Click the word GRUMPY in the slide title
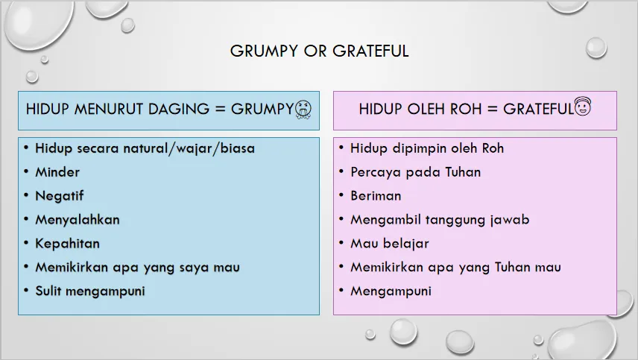[x=264, y=51]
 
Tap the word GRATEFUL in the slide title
[x=370, y=51]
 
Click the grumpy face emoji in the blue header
[x=303, y=110]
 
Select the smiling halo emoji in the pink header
[x=583, y=107]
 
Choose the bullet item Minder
[x=57, y=172]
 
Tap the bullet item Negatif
[x=60, y=196]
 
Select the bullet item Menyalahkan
[x=78, y=220]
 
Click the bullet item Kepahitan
[x=68, y=244]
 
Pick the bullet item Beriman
[x=376, y=196]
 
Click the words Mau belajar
[x=390, y=244]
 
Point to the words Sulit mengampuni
[x=90, y=291]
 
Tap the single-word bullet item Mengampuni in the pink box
[x=391, y=291]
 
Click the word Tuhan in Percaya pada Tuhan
[x=463, y=172]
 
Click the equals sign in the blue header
[x=220, y=110]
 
